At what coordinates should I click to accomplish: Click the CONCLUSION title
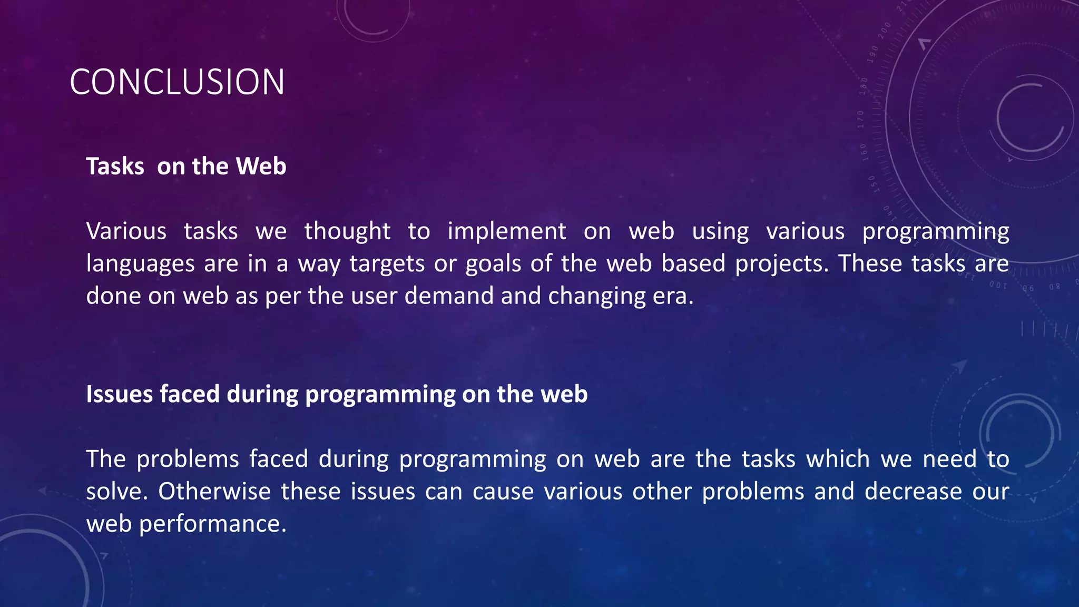(x=177, y=82)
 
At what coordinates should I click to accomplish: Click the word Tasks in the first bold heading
(x=115, y=167)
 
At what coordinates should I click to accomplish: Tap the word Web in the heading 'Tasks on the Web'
(x=261, y=167)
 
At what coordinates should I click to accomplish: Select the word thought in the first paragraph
(x=347, y=231)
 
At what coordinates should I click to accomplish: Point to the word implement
(x=506, y=231)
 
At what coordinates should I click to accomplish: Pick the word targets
(x=387, y=263)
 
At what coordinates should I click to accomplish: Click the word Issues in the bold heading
(x=119, y=394)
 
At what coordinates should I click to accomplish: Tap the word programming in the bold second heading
(x=380, y=395)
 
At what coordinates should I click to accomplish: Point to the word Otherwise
(x=214, y=491)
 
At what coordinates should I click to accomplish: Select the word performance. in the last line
(x=212, y=524)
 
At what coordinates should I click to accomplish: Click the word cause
(x=503, y=491)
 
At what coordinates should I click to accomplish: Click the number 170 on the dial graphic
(x=861, y=119)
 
